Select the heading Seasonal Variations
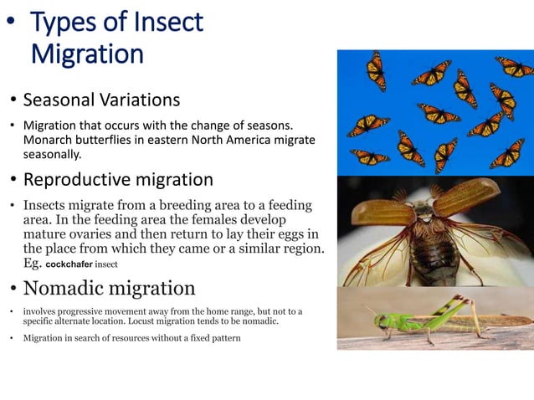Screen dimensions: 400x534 click(x=101, y=100)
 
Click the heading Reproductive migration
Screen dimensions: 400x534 click(x=118, y=180)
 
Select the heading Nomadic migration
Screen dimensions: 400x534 click(x=109, y=289)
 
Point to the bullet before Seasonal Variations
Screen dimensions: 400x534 click(x=13, y=102)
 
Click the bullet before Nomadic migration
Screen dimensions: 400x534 click(x=13, y=290)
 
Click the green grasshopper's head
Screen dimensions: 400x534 click(x=381, y=321)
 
